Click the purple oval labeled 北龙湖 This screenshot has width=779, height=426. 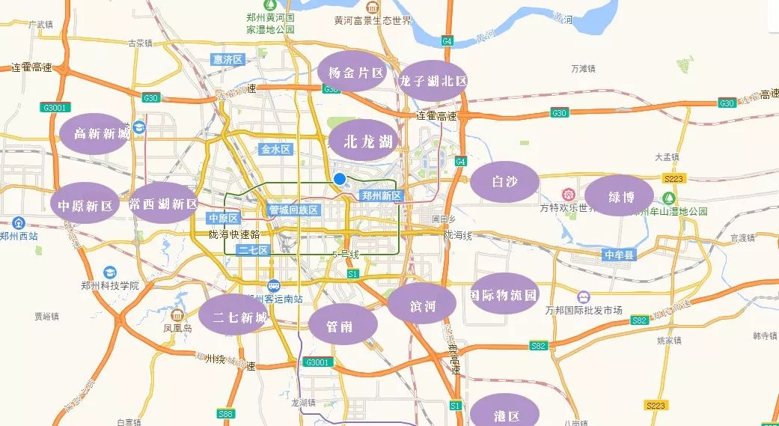click(x=368, y=142)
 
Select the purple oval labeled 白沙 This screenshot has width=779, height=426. click(x=505, y=181)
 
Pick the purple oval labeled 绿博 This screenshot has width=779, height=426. click(x=620, y=197)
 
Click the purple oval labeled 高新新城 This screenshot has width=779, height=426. click(x=95, y=133)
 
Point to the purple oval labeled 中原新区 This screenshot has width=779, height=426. click(x=85, y=205)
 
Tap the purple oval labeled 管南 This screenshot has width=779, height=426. click(x=342, y=326)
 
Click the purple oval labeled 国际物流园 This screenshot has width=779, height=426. click(x=504, y=294)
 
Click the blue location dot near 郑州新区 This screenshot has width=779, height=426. click(x=340, y=179)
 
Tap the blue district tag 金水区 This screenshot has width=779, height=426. click(x=275, y=150)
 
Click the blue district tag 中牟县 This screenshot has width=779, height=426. click(x=619, y=255)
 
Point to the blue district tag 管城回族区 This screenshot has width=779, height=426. click(x=293, y=210)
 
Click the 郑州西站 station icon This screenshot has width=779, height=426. click(x=19, y=223)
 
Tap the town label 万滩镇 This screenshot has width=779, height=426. click(x=582, y=68)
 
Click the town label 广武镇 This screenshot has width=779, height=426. click(x=41, y=24)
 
